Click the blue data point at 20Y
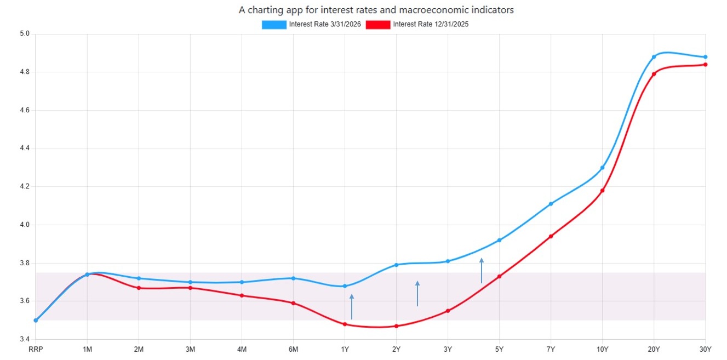click(654, 57)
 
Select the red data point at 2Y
click(396, 326)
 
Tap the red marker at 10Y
click(602, 191)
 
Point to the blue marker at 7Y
click(551, 204)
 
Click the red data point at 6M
click(293, 303)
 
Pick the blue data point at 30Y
click(705, 57)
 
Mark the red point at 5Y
click(499, 277)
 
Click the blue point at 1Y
click(345, 286)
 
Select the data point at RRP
click(36, 320)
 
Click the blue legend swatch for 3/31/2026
click(274, 25)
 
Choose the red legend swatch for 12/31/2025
click(378, 25)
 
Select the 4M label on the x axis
click(242, 349)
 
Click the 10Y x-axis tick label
click(602, 349)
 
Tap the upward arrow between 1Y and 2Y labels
click(352, 306)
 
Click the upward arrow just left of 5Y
click(482, 270)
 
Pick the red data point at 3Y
click(448, 311)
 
